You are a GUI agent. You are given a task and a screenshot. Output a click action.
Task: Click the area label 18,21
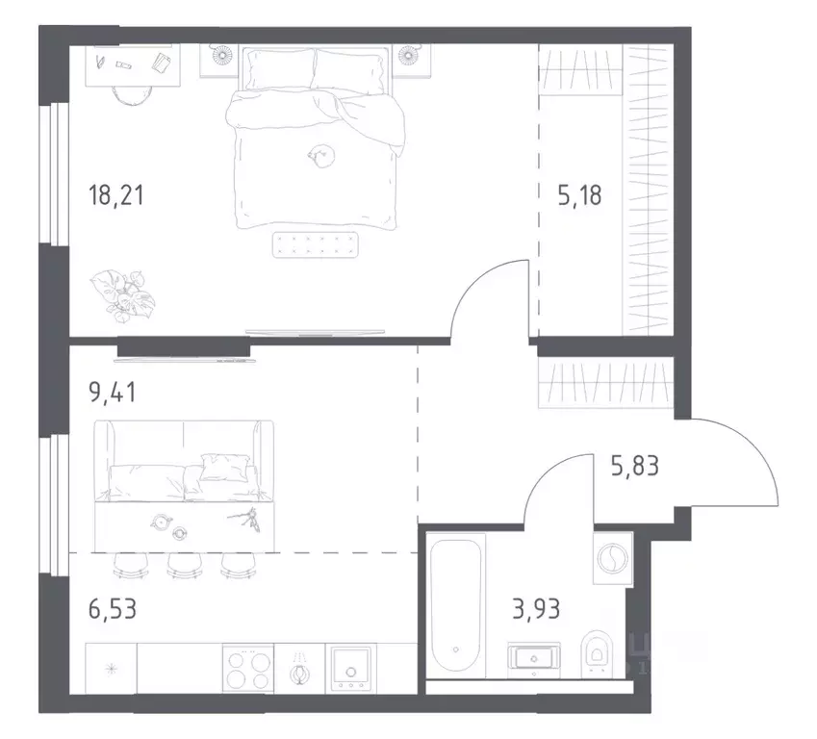[x=115, y=195]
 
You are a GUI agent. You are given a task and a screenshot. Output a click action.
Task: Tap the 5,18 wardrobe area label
[x=579, y=195]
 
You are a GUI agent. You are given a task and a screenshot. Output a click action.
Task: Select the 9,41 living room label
[x=113, y=392]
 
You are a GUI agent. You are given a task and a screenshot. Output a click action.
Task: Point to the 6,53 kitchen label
[x=113, y=608]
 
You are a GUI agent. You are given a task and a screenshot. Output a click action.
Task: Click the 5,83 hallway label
[x=634, y=466]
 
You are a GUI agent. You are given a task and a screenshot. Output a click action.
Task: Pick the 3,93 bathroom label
[x=536, y=608]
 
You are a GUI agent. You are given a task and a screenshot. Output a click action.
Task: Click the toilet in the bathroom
[x=596, y=653]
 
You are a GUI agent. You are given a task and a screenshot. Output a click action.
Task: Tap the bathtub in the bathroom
[x=456, y=604]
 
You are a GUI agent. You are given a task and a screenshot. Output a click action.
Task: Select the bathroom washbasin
[x=533, y=659]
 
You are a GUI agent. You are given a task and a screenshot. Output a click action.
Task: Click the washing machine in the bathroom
[x=613, y=558]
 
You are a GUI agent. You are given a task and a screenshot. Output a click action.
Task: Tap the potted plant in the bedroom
[x=124, y=294]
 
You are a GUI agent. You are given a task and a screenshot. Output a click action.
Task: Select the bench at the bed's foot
[x=316, y=245]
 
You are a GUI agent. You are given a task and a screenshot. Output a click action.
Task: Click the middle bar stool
[x=184, y=566]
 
